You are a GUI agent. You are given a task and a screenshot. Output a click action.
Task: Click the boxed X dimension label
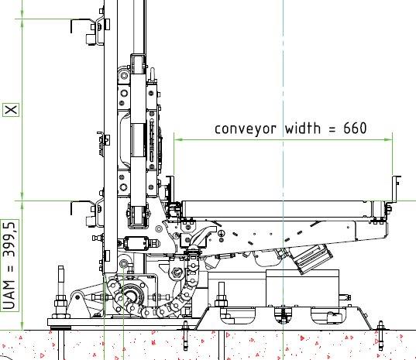(11, 110)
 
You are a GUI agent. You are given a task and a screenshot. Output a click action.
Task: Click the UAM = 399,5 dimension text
(10, 266)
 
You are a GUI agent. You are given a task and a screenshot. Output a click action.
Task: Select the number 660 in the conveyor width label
(355, 128)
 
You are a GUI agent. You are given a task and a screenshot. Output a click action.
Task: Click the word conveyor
(245, 129)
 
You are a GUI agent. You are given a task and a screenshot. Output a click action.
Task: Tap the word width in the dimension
(302, 128)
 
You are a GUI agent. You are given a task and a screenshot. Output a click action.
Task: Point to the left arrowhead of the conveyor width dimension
(179, 139)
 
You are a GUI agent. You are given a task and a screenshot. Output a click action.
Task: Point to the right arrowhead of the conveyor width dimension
(388, 139)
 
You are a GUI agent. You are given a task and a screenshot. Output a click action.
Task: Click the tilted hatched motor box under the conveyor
(312, 259)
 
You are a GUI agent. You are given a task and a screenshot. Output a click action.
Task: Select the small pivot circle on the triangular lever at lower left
(77, 297)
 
